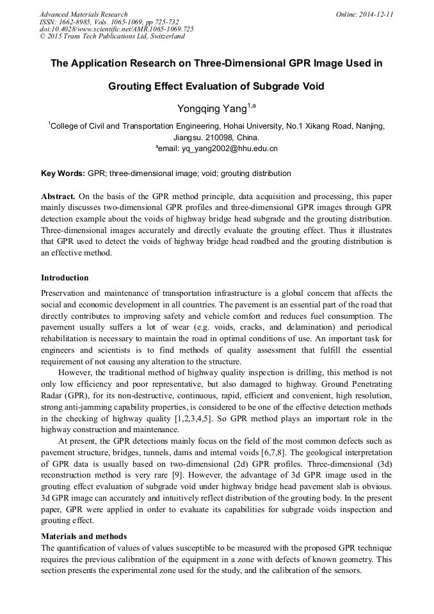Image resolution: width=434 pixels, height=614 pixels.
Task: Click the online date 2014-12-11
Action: [373, 14]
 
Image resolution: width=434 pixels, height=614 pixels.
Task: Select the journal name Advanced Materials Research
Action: [83, 14]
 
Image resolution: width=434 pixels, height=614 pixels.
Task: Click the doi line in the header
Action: [117, 29]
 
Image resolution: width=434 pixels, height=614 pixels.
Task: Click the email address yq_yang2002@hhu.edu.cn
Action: [220, 149]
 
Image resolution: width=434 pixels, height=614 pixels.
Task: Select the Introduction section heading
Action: [65, 278]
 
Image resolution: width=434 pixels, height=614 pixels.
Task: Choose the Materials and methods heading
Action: [84, 536]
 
